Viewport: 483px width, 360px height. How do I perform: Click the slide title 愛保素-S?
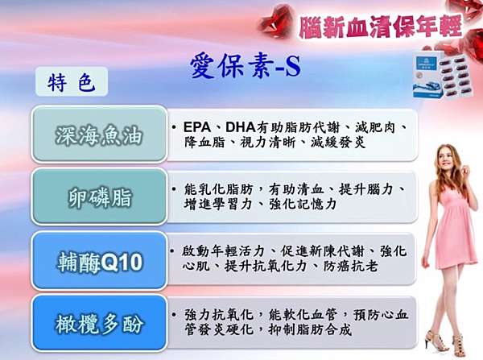246,66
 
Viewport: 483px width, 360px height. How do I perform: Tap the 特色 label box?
72,81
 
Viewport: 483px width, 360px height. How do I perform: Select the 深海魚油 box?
99,134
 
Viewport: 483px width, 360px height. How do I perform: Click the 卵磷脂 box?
99,197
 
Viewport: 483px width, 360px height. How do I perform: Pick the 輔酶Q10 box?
99,261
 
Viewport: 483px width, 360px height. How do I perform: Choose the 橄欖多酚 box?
99,323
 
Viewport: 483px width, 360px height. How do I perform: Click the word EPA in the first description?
197,127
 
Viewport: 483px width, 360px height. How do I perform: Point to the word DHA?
240,127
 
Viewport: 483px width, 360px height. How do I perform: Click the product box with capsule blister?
442,76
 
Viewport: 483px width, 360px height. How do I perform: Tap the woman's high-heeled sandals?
446,343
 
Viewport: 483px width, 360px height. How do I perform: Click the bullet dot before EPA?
175,127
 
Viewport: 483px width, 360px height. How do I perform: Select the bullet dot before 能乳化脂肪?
175,189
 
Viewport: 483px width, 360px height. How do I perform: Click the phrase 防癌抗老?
350,267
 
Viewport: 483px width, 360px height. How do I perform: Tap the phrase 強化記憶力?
302,205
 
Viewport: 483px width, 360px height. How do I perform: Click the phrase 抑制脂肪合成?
310,330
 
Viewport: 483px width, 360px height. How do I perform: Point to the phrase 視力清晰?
268,143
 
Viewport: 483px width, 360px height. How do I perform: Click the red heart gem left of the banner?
275,21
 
